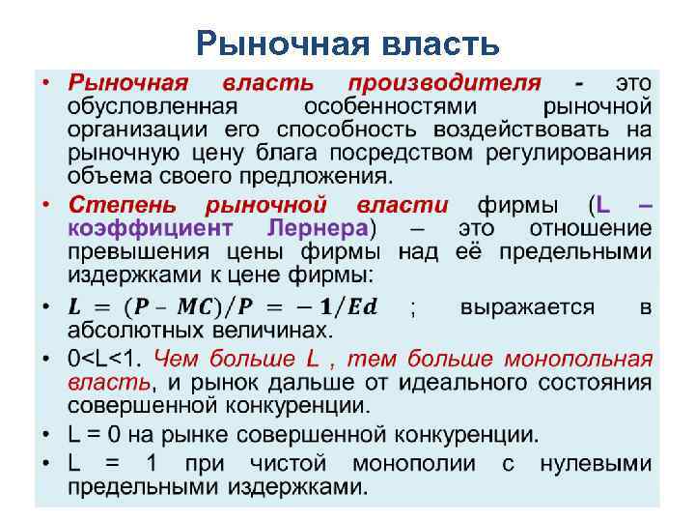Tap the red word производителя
click(x=445, y=83)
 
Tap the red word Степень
click(x=122, y=205)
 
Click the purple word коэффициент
click(x=150, y=229)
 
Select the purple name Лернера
click(x=316, y=229)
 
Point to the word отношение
click(x=591, y=229)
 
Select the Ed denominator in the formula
click(x=362, y=308)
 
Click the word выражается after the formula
click(x=527, y=308)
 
